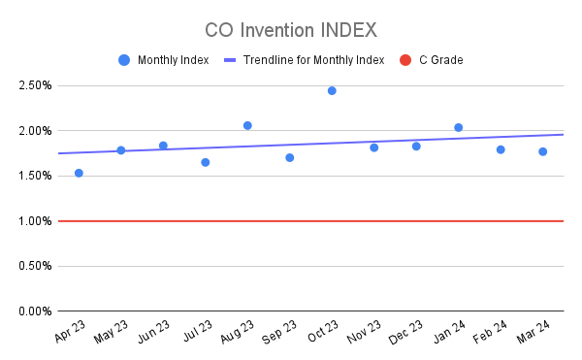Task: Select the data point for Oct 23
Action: point(332,90)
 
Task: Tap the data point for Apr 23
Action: point(79,173)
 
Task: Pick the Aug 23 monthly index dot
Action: point(247,125)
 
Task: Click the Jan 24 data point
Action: point(458,127)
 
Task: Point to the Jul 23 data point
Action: point(206,162)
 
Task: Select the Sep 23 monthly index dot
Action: point(290,157)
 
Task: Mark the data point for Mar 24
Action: point(542,151)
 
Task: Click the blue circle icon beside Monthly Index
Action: point(124,60)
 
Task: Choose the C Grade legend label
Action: point(440,60)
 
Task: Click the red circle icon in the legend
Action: point(405,60)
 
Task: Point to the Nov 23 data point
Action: point(373,147)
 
